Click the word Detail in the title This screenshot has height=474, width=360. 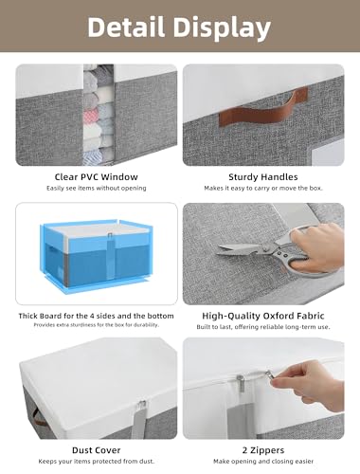[126, 27]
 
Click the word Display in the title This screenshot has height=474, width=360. [223, 28]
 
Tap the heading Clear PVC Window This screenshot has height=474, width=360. [97, 177]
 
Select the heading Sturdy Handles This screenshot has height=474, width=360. [263, 177]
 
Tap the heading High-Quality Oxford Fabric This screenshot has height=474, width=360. [263, 316]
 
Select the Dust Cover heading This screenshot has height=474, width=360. [97, 450]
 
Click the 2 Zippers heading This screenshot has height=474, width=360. [263, 450]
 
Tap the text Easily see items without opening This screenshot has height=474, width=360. [97, 188]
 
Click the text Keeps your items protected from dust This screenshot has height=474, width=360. [97, 462]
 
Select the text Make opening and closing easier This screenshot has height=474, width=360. [263, 462]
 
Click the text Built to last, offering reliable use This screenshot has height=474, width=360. [263, 327]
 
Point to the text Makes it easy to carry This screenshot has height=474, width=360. [263, 189]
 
